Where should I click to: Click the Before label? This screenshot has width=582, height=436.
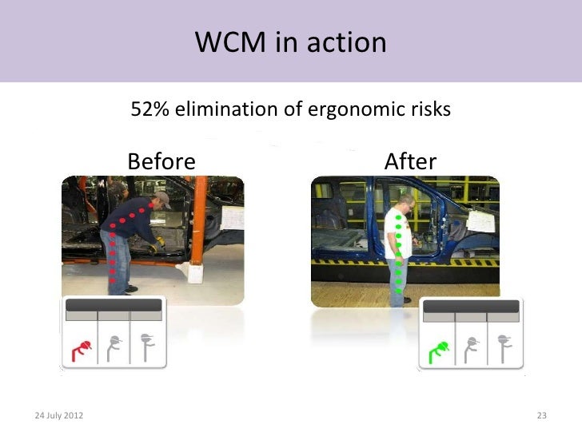[x=161, y=162]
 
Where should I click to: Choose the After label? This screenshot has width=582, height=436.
[x=410, y=162]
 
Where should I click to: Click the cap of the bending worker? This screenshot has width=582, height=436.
[x=162, y=197]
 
